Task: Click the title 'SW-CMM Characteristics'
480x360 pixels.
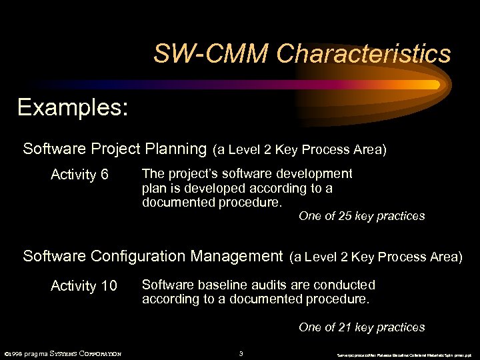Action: pos(302,53)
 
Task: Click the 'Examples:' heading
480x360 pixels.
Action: pos(73,107)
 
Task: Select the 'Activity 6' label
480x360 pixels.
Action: pos(79,175)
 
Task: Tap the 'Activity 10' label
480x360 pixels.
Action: pos(83,286)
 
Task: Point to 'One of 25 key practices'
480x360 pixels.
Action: pos(361,216)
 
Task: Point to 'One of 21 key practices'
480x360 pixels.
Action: pos(361,327)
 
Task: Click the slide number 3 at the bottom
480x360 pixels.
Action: pos(241,353)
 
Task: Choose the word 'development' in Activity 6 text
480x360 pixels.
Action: pos(315,174)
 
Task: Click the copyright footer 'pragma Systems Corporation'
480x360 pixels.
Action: pos(63,353)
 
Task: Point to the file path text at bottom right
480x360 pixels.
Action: pos(405,353)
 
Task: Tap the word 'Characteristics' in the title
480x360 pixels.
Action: pos(364,53)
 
